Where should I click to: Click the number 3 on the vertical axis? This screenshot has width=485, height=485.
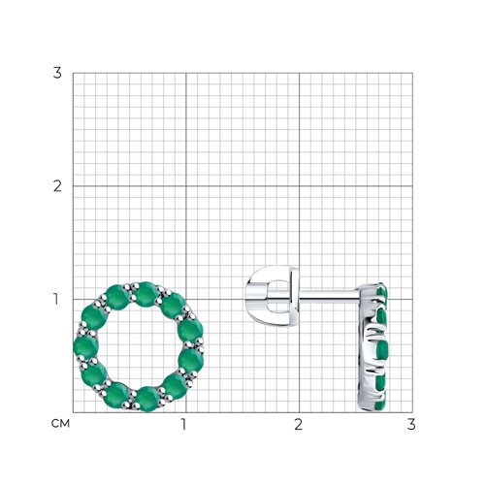pyautogui.click(x=57, y=73)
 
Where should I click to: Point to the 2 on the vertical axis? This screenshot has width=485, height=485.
pyautogui.click(x=57, y=186)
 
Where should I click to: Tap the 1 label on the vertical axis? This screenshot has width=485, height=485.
pyautogui.click(x=56, y=299)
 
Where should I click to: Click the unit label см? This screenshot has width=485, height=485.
pyautogui.click(x=60, y=424)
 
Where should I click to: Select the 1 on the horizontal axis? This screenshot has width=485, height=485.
pyautogui.click(x=183, y=424)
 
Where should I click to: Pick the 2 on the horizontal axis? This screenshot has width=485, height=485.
pyautogui.click(x=298, y=424)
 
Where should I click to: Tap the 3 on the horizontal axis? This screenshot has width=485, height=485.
pyautogui.click(x=411, y=424)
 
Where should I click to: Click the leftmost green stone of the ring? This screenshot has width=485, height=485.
pyautogui.click(x=85, y=346)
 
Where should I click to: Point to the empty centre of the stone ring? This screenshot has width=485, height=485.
pyautogui.click(x=139, y=346)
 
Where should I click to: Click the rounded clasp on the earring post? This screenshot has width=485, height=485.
pyautogui.click(x=273, y=294)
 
